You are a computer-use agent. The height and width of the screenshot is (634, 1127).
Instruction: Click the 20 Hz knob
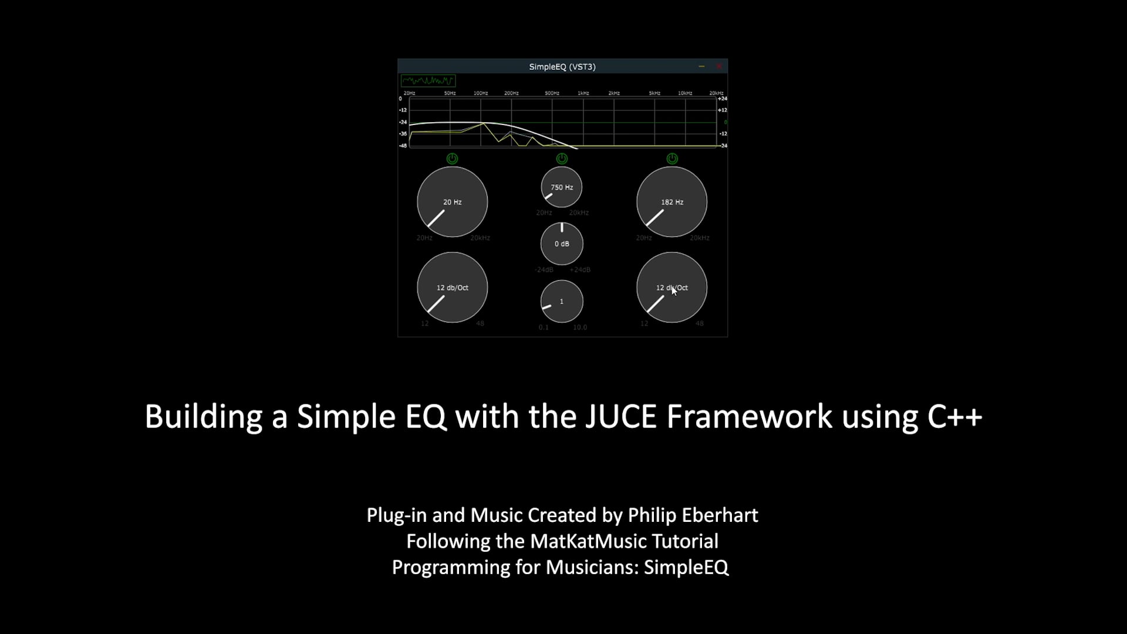point(452,202)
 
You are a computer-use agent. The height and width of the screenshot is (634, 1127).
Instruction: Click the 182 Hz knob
point(672,202)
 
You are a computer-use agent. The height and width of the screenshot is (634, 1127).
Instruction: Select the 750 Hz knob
point(562,187)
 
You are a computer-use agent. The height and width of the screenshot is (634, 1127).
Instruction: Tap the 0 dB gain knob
point(562,244)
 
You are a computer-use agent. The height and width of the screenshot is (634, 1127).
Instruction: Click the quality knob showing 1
point(562,301)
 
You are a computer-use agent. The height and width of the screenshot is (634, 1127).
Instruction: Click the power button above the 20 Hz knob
point(452,158)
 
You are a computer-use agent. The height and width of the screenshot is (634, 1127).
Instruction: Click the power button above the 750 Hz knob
point(562,158)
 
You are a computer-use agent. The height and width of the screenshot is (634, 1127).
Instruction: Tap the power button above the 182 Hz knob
point(672,158)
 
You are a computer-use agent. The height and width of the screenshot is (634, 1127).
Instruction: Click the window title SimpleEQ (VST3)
point(562,67)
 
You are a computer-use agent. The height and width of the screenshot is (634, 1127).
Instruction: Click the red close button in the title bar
point(718,66)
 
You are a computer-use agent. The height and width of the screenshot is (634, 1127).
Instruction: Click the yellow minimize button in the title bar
point(701,66)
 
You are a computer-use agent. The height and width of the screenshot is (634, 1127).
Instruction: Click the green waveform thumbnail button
point(428,80)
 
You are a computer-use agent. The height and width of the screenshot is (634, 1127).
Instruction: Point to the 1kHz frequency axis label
point(583,93)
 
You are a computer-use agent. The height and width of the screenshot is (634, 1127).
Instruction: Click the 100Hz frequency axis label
point(481,93)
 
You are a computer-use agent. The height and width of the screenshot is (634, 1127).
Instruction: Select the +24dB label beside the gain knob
point(580,270)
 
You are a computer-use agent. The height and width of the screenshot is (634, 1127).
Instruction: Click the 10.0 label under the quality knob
point(580,328)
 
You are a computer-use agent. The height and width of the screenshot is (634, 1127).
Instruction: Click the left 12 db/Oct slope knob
point(452,288)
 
